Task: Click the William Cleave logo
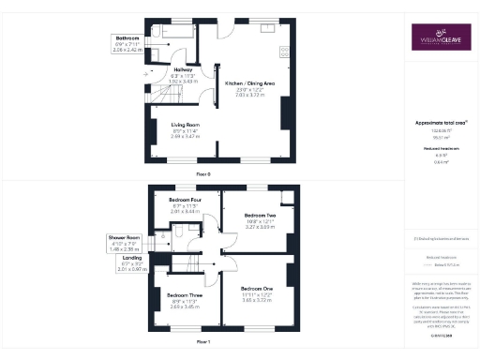click(441, 38)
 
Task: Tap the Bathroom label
click(117, 37)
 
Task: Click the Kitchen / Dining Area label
click(249, 83)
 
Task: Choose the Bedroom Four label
click(185, 200)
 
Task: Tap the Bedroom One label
click(257, 288)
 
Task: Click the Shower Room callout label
click(125, 238)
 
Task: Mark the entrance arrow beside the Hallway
click(144, 71)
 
